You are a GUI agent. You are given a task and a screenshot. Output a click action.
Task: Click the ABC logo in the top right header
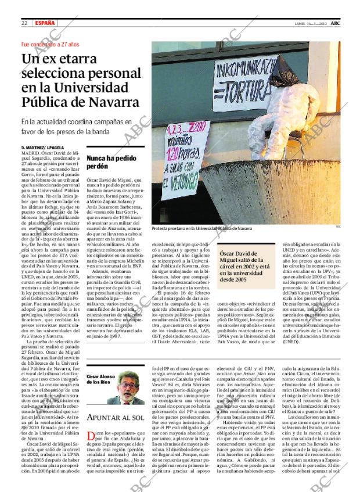(x=344, y=23)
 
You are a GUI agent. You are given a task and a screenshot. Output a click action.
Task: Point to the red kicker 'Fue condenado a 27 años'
(x=49, y=44)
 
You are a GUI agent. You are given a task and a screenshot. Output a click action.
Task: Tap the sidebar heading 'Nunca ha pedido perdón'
(x=108, y=162)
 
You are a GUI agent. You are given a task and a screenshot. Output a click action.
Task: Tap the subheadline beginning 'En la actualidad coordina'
(x=76, y=127)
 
